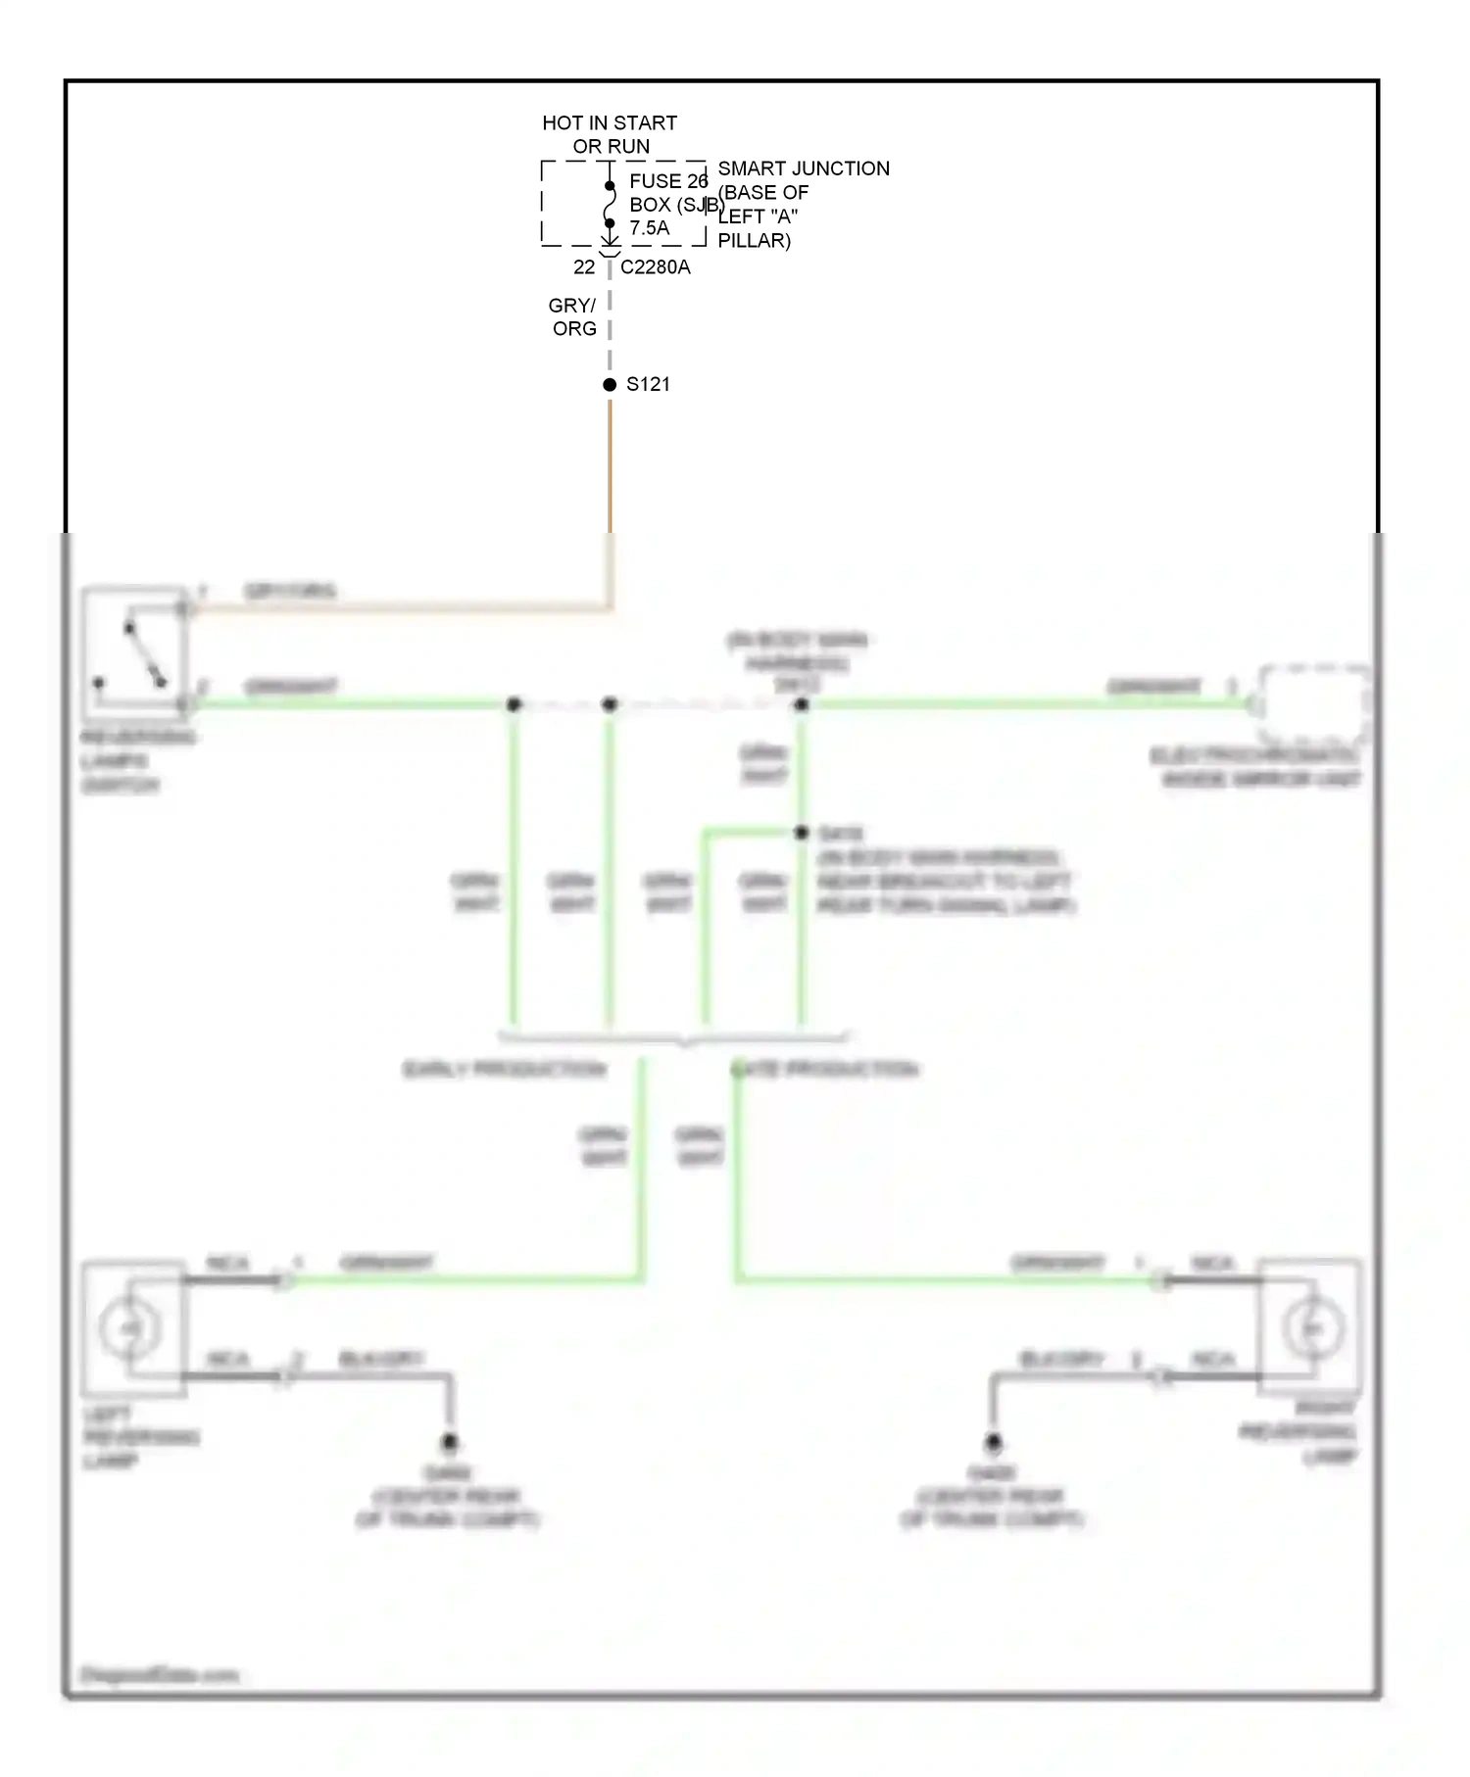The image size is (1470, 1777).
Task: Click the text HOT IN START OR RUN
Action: point(610,134)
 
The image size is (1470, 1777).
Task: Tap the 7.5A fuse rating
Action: point(649,228)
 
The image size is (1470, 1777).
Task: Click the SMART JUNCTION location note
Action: point(803,204)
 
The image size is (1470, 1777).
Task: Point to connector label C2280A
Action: point(655,267)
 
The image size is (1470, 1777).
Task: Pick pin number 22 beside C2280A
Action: point(584,267)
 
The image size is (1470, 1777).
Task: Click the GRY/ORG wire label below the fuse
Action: point(573,316)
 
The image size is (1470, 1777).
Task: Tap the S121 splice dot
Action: point(610,384)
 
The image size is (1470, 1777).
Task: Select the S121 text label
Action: point(648,384)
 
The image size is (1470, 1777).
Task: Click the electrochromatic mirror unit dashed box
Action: point(1313,703)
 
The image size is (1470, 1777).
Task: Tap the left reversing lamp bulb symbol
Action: point(129,1328)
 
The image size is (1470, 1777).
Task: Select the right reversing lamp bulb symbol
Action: point(1311,1328)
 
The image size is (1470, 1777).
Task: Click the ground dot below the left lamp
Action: point(450,1442)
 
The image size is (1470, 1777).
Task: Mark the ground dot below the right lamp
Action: point(993,1442)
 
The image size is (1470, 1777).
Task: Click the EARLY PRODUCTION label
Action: point(505,1069)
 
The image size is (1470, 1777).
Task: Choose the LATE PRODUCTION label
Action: point(825,1069)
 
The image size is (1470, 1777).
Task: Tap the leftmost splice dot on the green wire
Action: point(514,704)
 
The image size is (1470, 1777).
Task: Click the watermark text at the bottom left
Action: point(159,1676)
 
